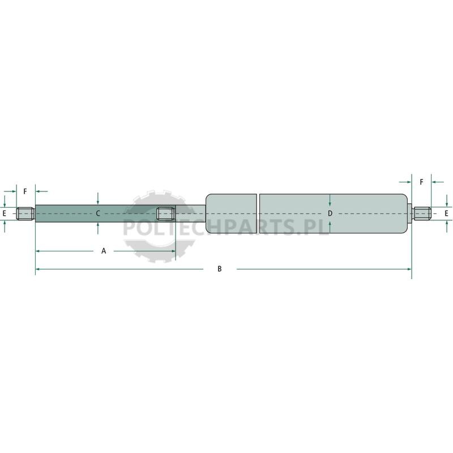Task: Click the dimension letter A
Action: click(x=104, y=251)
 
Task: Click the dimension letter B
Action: click(x=220, y=269)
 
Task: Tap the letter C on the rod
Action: click(x=98, y=213)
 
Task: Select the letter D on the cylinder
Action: click(x=330, y=213)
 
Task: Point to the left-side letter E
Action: click(x=4, y=214)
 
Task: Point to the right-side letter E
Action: click(x=446, y=213)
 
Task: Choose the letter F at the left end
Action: click(x=25, y=191)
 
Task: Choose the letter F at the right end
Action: click(x=421, y=182)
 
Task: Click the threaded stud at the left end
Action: click(x=25, y=213)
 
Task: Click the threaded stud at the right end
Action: click(x=422, y=213)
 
